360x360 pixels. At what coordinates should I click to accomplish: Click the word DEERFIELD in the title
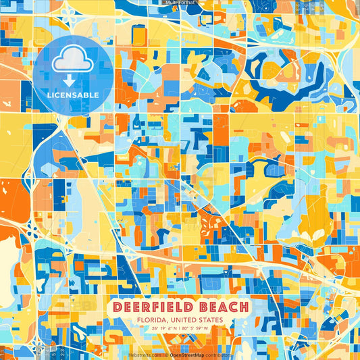155,307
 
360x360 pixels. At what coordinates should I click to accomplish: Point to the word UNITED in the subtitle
184,321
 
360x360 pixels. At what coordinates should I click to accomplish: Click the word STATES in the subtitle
213,321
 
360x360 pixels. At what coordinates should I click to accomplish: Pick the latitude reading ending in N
163,330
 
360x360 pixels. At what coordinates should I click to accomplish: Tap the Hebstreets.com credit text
145,354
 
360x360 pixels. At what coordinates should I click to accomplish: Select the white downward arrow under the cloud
71,80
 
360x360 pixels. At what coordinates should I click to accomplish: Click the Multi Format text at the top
180,3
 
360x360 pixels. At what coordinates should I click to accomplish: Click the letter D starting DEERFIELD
119,307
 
